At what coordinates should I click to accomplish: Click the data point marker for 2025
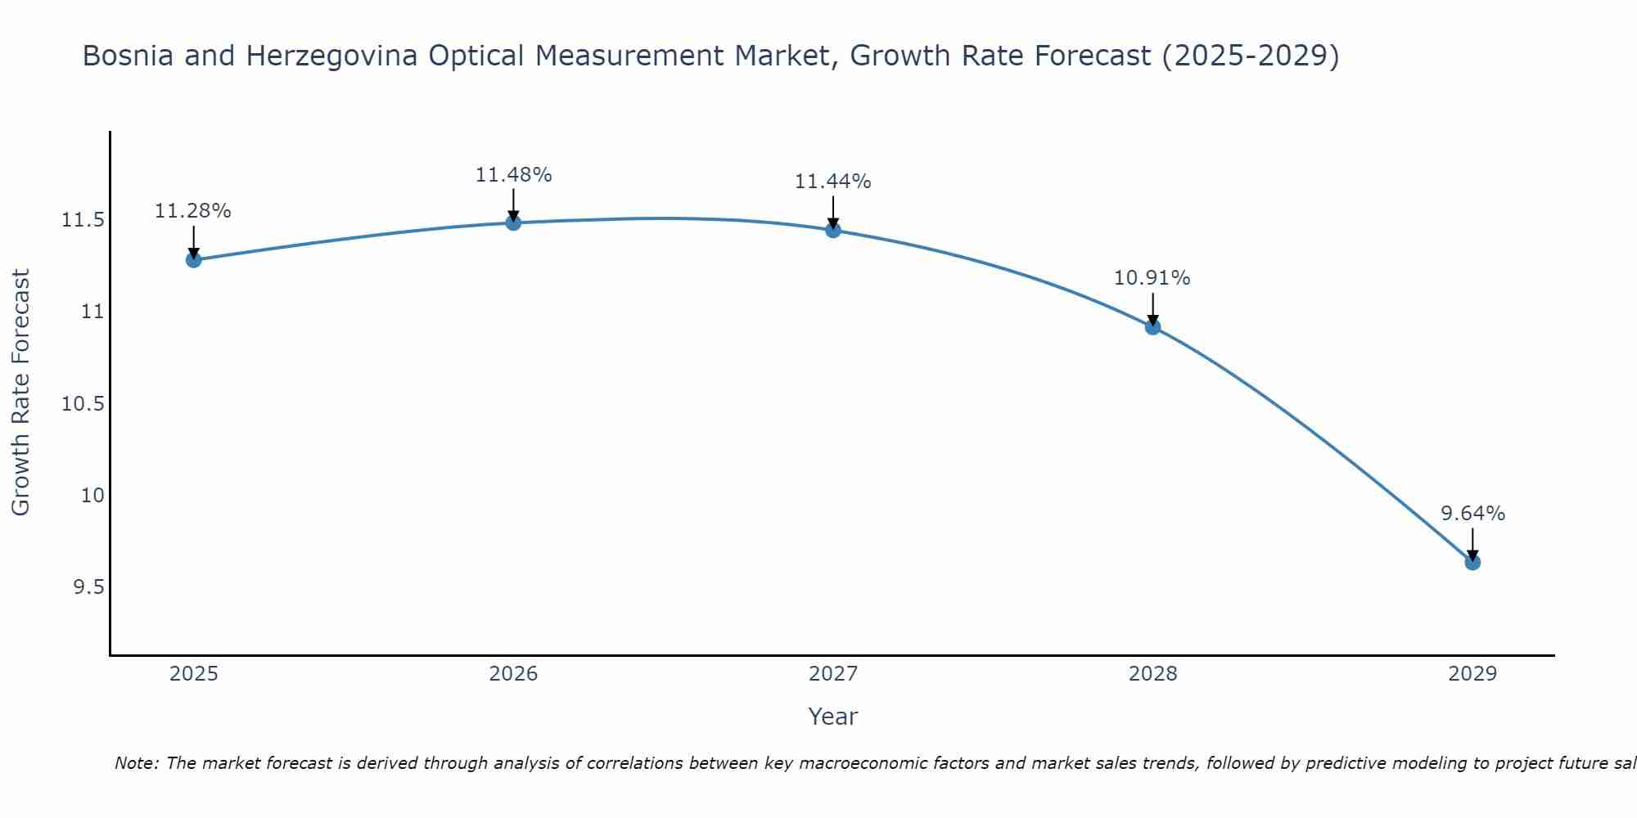coord(194,260)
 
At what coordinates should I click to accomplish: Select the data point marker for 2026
coord(513,222)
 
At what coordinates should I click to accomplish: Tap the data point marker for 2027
coord(833,230)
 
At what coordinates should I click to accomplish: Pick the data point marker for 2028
coord(1152,327)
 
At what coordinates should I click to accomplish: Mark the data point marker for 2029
coord(1472,562)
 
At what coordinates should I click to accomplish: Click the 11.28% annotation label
coord(193,211)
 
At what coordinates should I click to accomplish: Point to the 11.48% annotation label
coord(513,175)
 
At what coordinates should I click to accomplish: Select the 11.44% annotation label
coord(833,182)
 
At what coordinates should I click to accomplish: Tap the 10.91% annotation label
coord(1152,278)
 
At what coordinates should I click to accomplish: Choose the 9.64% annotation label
coord(1472,514)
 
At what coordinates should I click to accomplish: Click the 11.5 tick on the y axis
coord(83,220)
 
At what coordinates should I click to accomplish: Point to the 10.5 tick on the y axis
coord(83,404)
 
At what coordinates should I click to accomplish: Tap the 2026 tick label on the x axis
coord(513,674)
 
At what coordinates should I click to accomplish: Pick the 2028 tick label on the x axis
coord(1152,674)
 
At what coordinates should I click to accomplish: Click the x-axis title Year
coord(833,717)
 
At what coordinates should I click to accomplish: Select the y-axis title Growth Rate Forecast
coord(20,393)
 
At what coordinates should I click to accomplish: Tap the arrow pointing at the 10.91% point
coord(1152,309)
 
